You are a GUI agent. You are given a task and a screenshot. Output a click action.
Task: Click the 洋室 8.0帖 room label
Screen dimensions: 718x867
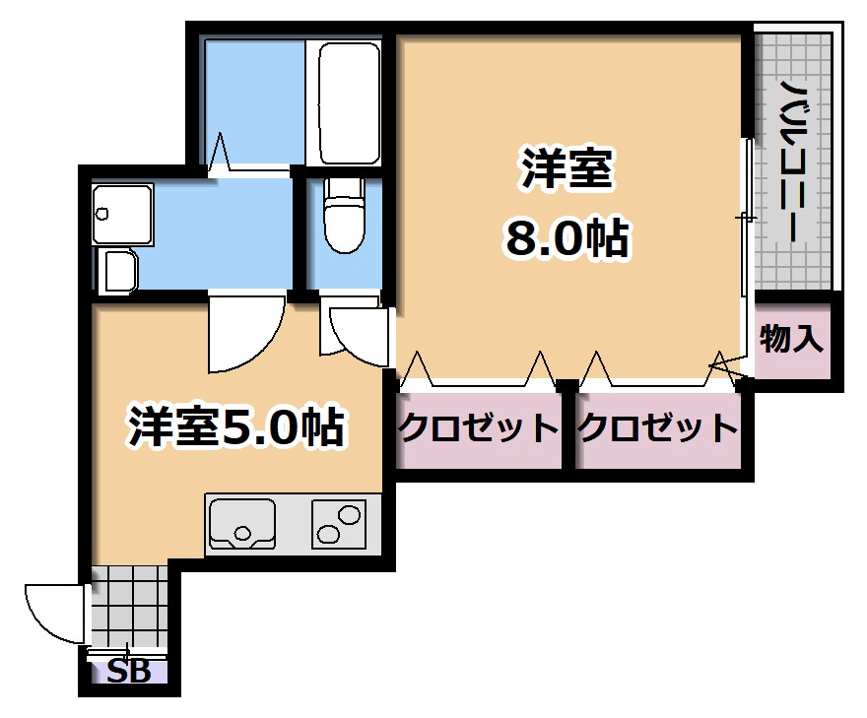[566, 202]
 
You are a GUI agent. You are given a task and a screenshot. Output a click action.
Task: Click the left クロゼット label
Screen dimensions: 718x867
[478, 428]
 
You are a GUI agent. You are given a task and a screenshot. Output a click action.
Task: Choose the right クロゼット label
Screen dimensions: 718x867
[657, 428]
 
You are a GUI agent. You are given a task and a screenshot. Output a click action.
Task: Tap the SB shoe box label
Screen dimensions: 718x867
[128, 673]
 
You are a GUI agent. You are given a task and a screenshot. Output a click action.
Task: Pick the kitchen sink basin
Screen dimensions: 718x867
[243, 522]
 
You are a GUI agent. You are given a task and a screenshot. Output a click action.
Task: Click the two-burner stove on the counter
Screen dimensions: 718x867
[339, 523]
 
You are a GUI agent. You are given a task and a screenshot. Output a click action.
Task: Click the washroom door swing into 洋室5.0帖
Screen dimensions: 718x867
[244, 335]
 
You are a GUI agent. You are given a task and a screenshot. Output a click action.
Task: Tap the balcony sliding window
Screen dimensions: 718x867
[748, 217]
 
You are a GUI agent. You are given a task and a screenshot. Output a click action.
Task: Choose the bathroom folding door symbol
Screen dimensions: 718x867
[219, 154]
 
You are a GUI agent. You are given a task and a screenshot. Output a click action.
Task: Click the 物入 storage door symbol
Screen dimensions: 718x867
[727, 365]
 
